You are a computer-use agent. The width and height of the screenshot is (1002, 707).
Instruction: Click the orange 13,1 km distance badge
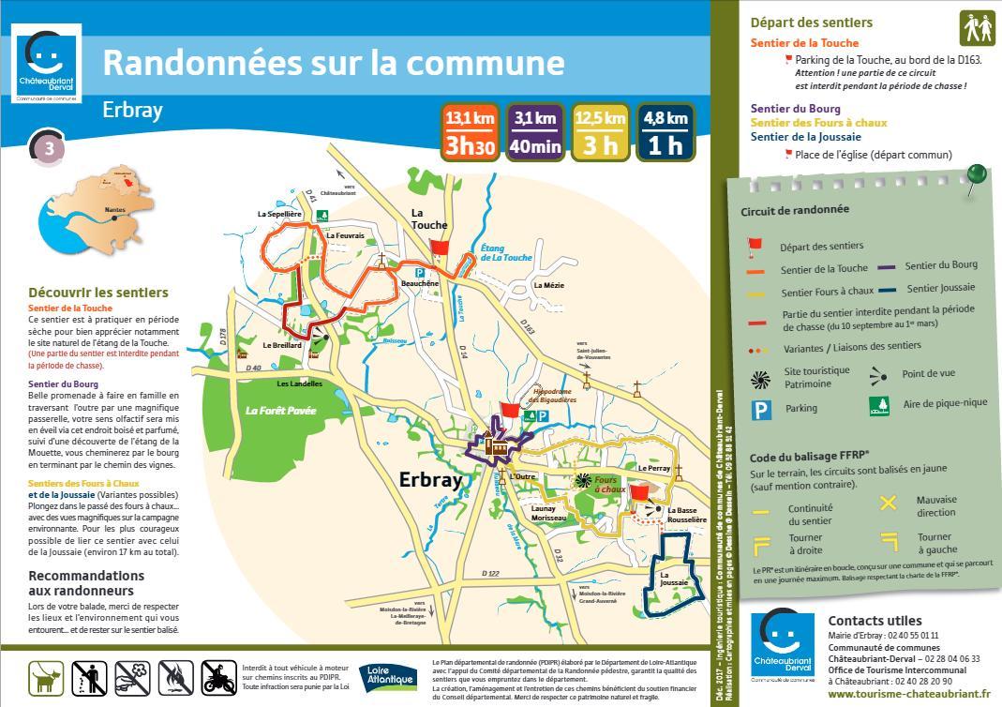pyautogui.click(x=470, y=132)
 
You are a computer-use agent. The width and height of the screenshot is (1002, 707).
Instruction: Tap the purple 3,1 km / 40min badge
pyautogui.click(x=535, y=132)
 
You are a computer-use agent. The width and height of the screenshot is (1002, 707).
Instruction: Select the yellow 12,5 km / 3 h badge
pyautogui.click(x=600, y=132)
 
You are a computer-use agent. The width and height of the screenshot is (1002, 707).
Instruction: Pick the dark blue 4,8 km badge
pyautogui.click(x=666, y=132)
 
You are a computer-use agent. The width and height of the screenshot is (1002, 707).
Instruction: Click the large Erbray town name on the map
pyautogui.click(x=431, y=480)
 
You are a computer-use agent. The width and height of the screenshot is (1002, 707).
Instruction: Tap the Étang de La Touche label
pyautogui.click(x=505, y=252)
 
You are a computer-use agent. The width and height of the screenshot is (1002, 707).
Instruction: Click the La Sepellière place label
pyautogui.click(x=279, y=214)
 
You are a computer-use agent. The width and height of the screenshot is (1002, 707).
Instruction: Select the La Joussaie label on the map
pyautogui.click(x=673, y=579)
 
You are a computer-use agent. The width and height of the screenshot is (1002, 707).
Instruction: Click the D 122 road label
pyautogui.click(x=491, y=573)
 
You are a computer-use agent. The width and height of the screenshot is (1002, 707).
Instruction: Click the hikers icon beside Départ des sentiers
pyautogui.click(x=978, y=28)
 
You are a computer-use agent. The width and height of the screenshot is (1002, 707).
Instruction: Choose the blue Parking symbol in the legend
pyautogui.click(x=760, y=409)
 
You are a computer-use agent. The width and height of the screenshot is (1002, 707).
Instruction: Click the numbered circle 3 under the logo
pyautogui.click(x=49, y=148)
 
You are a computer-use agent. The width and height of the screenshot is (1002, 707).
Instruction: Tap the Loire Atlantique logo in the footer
pyautogui.click(x=387, y=676)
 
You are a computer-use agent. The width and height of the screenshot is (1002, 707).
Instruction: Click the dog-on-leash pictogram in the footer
pyautogui.click(x=45, y=677)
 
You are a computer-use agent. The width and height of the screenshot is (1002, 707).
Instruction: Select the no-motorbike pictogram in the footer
pyautogui.click(x=218, y=677)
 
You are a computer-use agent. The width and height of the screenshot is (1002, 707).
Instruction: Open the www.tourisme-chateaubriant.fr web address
pyautogui.click(x=908, y=695)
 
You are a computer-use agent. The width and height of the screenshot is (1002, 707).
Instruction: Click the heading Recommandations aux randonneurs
pyautogui.click(x=86, y=583)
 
